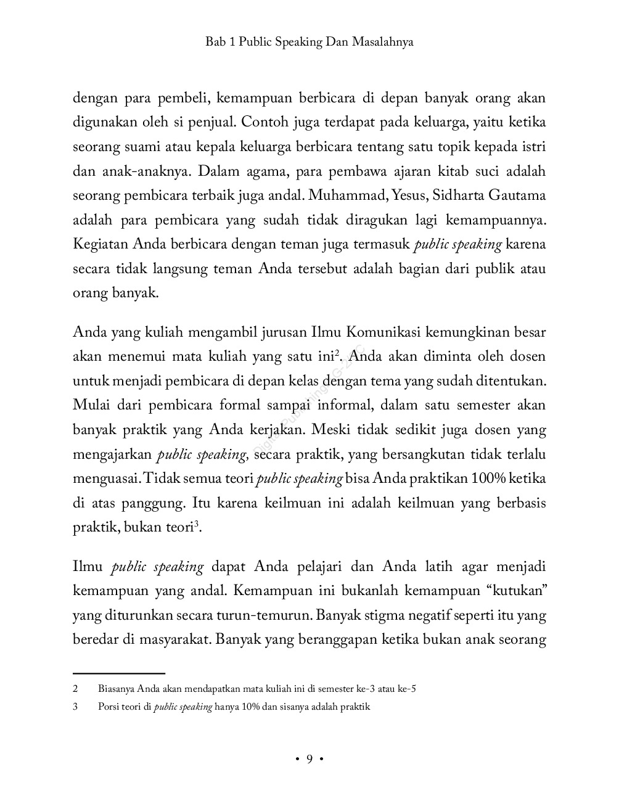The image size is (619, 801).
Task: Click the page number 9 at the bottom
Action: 309,758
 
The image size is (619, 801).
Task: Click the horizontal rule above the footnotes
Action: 119,674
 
